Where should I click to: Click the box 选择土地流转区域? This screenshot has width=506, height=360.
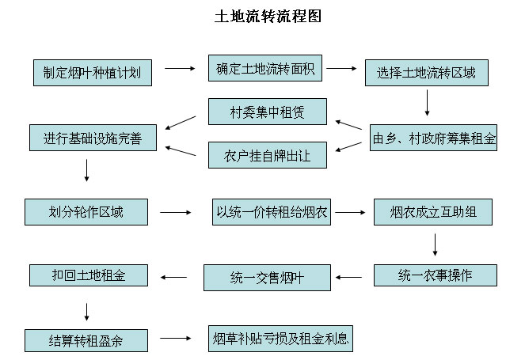(426, 73)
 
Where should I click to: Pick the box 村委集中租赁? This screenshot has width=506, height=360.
(268, 112)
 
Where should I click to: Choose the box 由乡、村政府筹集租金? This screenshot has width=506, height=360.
(434, 138)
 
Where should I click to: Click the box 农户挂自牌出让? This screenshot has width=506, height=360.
(268, 154)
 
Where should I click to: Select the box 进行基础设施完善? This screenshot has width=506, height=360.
(93, 138)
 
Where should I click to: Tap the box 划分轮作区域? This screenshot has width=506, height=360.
(86, 212)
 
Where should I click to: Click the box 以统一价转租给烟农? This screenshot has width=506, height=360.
(272, 212)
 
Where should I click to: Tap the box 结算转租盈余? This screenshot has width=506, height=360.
(86, 340)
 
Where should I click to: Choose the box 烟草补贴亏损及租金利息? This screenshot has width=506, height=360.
(280, 338)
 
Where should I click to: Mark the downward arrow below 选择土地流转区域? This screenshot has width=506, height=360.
(427, 104)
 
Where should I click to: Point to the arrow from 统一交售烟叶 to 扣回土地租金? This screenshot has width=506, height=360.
(174, 277)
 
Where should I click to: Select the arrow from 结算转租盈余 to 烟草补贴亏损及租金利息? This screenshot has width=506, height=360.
(178, 339)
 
